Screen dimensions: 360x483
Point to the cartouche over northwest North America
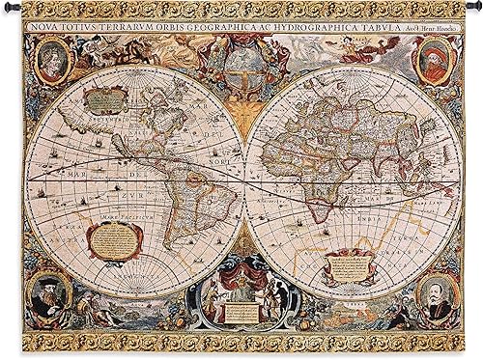99,96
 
